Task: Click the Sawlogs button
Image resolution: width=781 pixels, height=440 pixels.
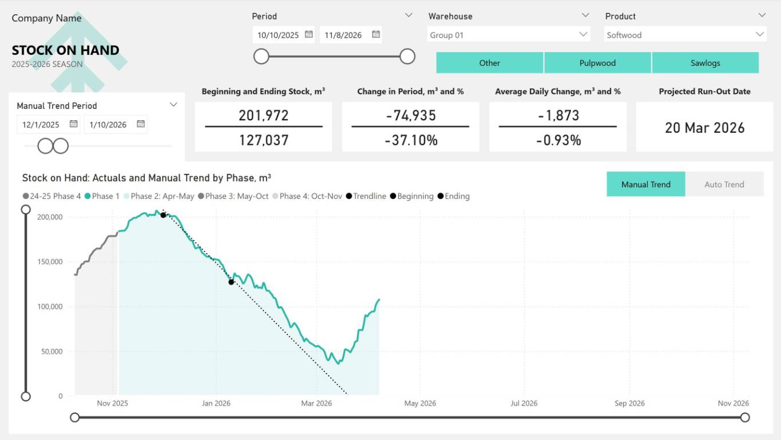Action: tap(705, 63)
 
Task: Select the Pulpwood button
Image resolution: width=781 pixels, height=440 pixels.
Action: tap(597, 63)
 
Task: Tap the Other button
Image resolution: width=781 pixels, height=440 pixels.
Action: tap(489, 63)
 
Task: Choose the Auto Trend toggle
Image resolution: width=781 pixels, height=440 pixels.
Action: tap(724, 184)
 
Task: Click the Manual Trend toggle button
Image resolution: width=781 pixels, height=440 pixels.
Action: tap(645, 184)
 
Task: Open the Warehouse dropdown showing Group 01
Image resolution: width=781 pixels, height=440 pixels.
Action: tap(508, 35)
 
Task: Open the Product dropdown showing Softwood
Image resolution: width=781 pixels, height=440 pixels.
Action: tap(685, 35)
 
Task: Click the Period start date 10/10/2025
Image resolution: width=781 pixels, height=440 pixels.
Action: tap(278, 35)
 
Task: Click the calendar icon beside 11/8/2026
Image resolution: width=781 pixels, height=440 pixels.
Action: tap(376, 34)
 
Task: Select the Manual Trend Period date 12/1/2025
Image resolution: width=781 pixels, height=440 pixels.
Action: tap(41, 124)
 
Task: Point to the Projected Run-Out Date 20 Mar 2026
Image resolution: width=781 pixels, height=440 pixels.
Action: tap(704, 127)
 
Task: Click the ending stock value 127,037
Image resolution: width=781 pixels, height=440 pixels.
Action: tap(264, 140)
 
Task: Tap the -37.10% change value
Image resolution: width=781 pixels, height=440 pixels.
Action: tap(411, 140)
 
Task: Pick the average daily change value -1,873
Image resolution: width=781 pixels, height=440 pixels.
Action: tap(558, 115)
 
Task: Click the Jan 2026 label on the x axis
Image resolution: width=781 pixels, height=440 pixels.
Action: tap(216, 403)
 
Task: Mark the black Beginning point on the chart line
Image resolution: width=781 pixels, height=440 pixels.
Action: tap(163, 215)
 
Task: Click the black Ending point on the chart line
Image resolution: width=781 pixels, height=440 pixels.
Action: tap(231, 282)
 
